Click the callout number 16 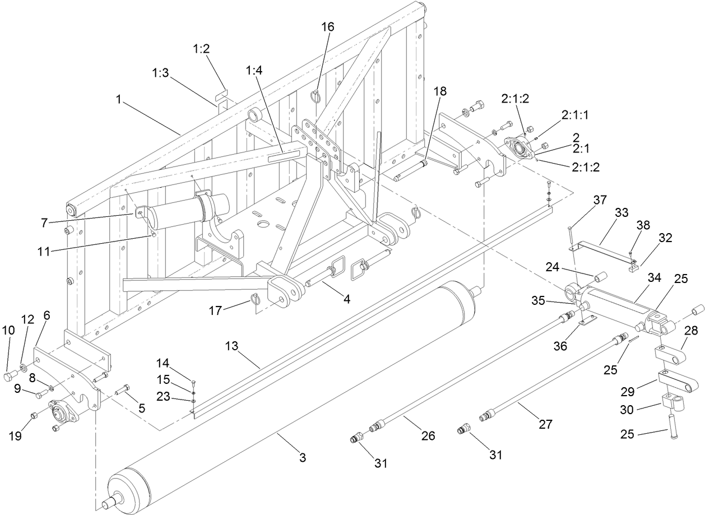pyautogui.click(x=327, y=27)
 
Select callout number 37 pyautogui.click(x=601, y=200)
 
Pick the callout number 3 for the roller pyautogui.click(x=302, y=457)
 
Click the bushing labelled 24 pyautogui.click(x=601, y=277)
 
